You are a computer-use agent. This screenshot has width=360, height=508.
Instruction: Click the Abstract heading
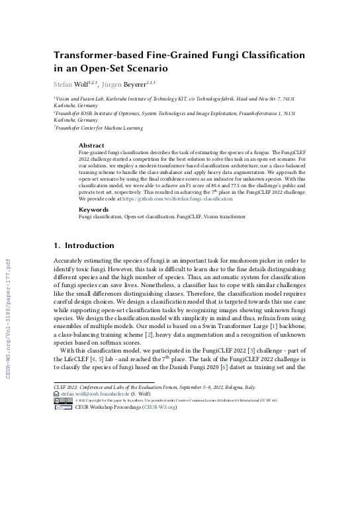pos(91,146)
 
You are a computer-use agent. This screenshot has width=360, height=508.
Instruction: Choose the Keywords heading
pos(93,209)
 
